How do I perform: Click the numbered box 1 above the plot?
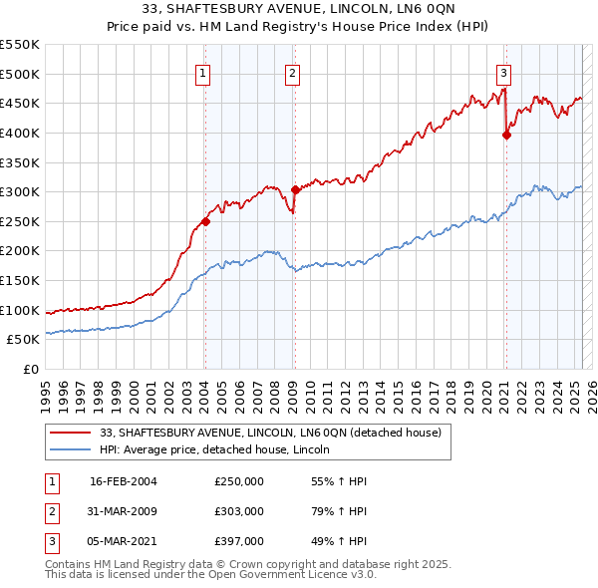(203, 72)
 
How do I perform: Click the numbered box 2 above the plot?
(293, 72)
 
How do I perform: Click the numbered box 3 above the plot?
(504, 72)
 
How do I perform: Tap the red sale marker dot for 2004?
(205, 222)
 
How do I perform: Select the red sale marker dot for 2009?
(295, 190)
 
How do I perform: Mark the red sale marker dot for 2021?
(506, 135)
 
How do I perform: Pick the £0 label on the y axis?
(31, 369)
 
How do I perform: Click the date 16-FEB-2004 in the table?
(123, 481)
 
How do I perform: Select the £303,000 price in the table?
(239, 511)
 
